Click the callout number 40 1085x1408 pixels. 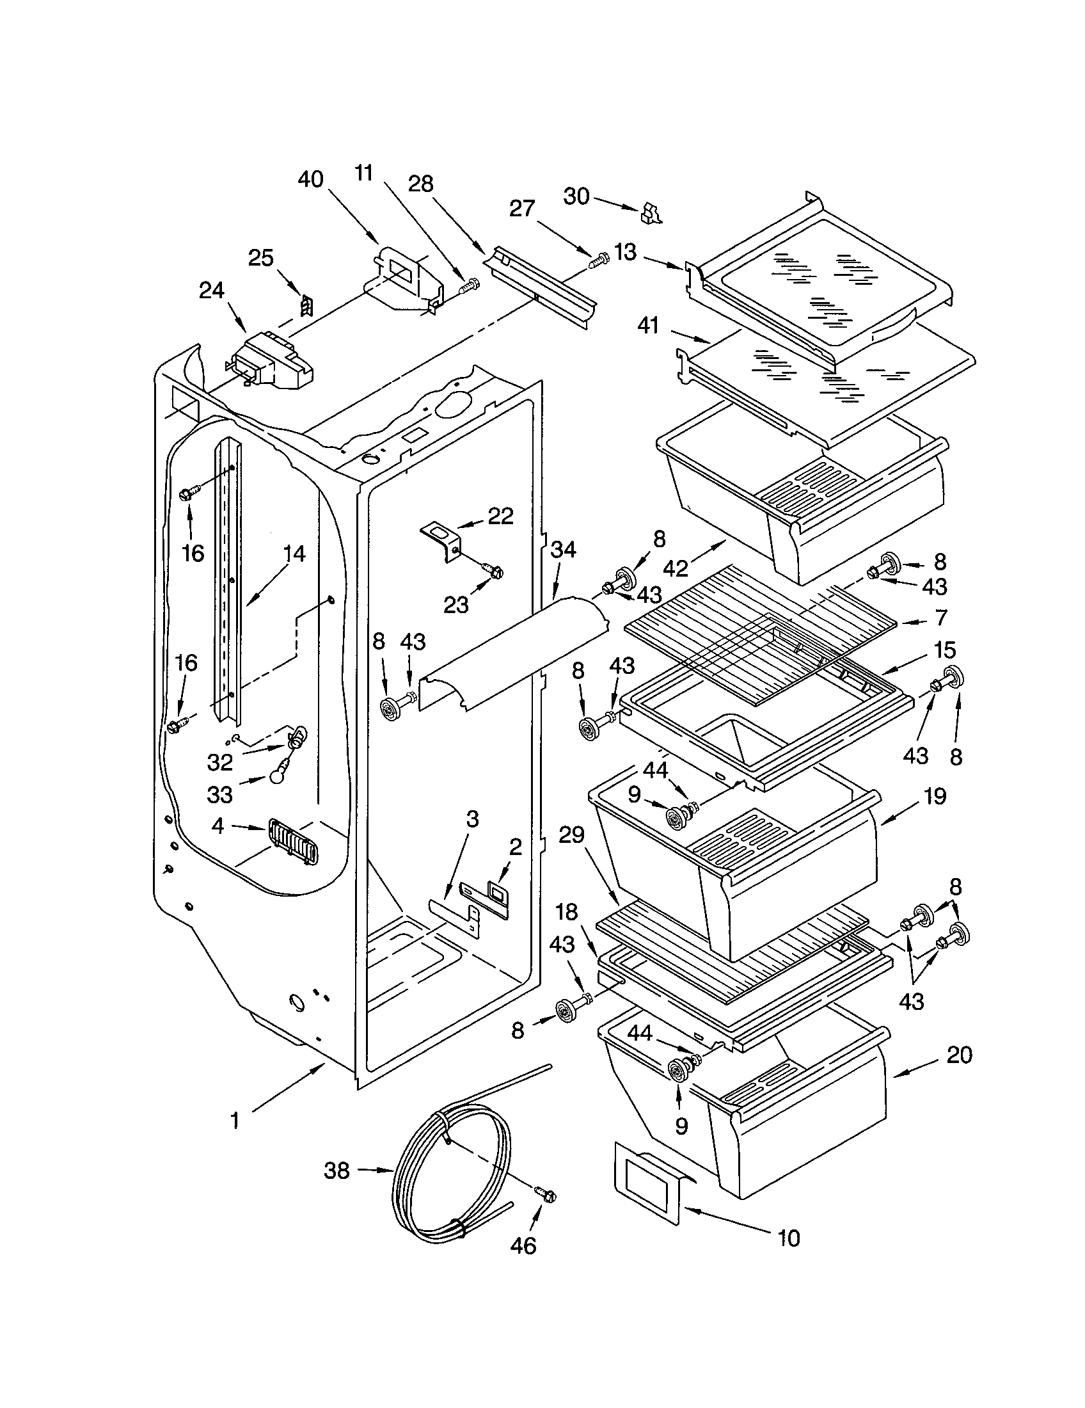pos(310,179)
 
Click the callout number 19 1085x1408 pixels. pos(935,796)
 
